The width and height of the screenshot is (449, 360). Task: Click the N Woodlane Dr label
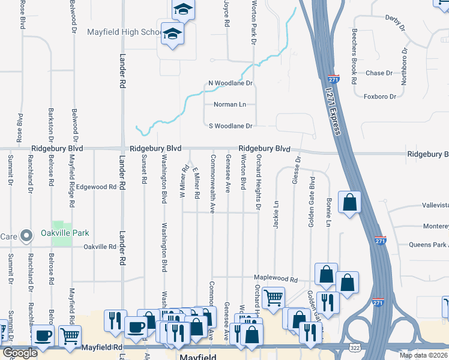[231, 83]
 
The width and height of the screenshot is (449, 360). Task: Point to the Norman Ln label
[230, 104]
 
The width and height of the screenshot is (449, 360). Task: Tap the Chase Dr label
[379, 73]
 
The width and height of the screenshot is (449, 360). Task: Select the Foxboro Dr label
[380, 96]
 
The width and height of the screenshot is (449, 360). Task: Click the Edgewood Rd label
[96, 187]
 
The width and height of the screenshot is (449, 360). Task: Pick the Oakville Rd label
[100, 247]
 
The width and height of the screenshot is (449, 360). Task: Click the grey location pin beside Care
[26, 236]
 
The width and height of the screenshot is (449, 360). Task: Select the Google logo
[20, 353]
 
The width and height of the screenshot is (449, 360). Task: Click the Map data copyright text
[423, 355]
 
